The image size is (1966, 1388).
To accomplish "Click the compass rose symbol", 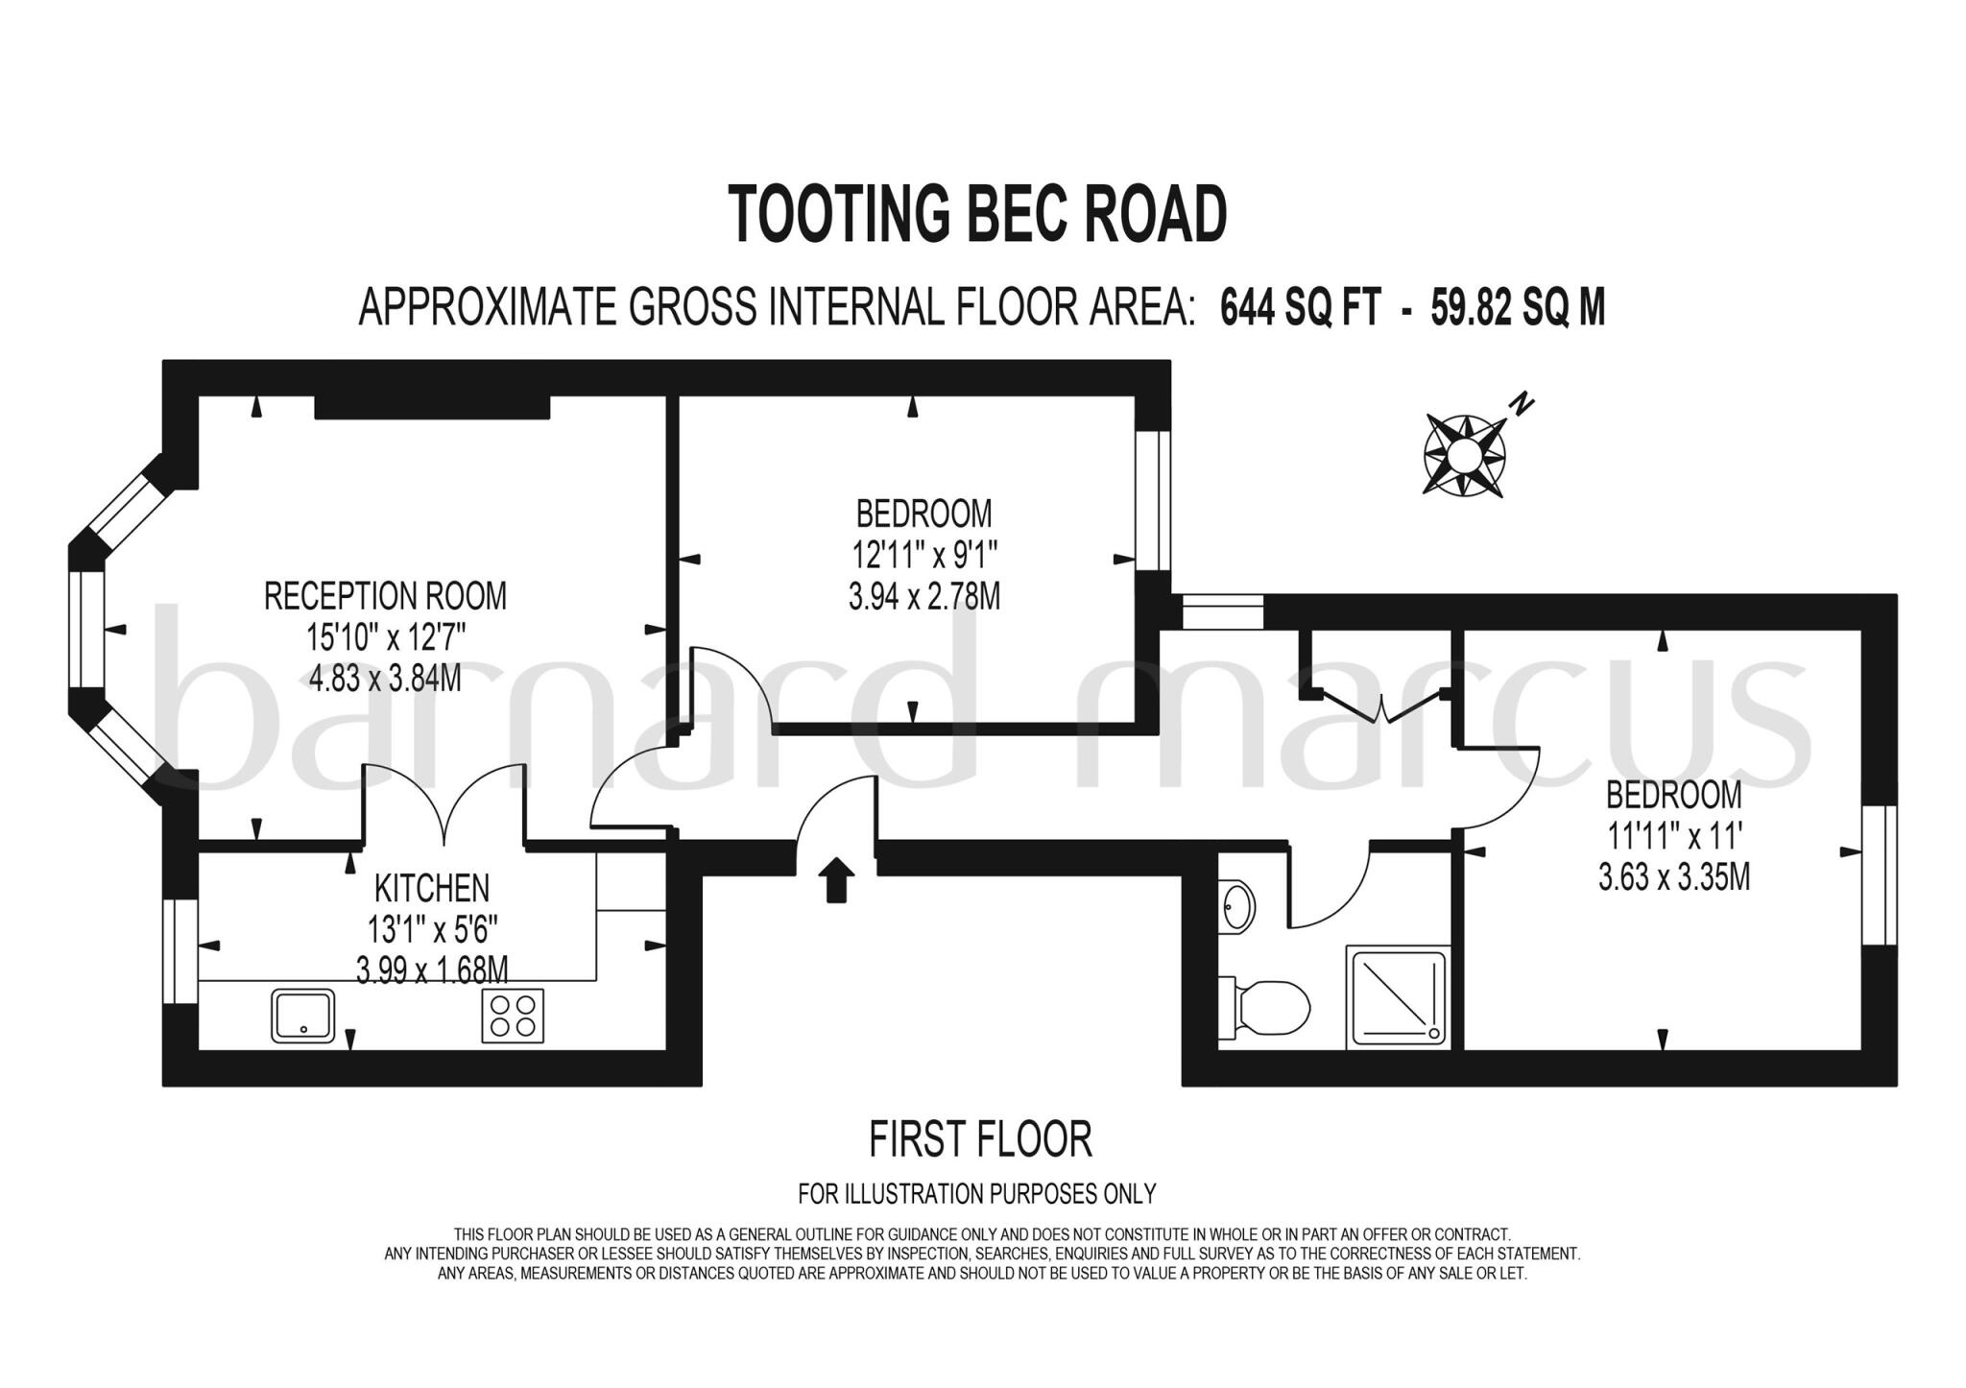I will pos(1464,454).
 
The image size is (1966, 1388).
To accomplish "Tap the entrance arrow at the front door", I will pos(838,880).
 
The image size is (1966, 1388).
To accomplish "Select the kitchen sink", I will pos(303,1015).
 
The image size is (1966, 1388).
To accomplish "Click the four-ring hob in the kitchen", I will pos(512,1015).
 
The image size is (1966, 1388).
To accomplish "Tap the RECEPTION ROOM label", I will pos(385,596).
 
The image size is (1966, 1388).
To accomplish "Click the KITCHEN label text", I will pos(431,888).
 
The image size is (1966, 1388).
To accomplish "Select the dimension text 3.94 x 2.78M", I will pos(923,597).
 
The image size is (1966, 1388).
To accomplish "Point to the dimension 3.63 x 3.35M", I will pos(1673,877).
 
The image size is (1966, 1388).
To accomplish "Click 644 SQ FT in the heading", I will pos(1300,309).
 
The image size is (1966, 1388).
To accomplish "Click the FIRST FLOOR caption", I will pos(980,1139).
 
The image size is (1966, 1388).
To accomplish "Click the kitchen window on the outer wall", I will pos(180,951).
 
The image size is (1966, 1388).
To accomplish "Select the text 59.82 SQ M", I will pos(1517,309).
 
